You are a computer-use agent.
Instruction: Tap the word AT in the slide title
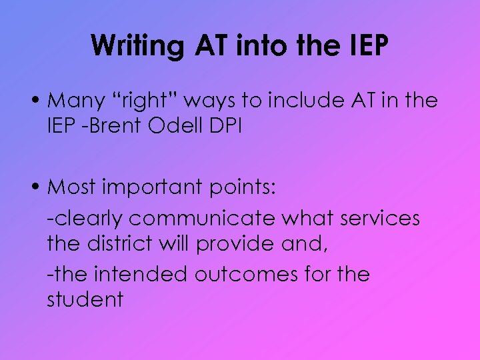210,45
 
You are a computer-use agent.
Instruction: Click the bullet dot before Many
39,102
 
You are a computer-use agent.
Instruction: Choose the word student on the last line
85,299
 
